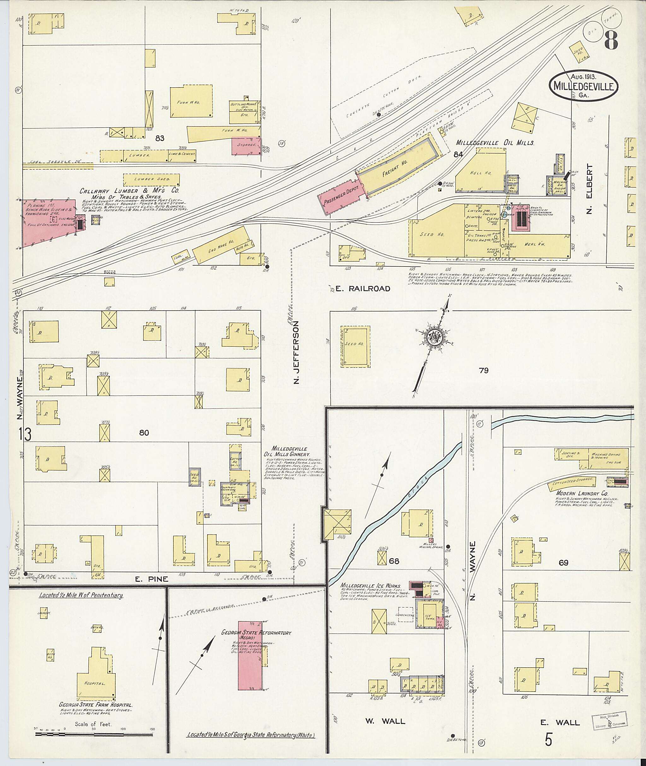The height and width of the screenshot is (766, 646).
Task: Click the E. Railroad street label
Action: pyautogui.click(x=362, y=289)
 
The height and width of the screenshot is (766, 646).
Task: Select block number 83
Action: pyautogui.click(x=160, y=138)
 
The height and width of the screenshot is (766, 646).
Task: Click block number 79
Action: pyautogui.click(x=484, y=371)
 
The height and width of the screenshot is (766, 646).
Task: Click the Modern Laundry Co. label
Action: pyautogui.click(x=579, y=494)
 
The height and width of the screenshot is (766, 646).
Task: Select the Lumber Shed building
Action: pyautogui.click(x=151, y=179)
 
